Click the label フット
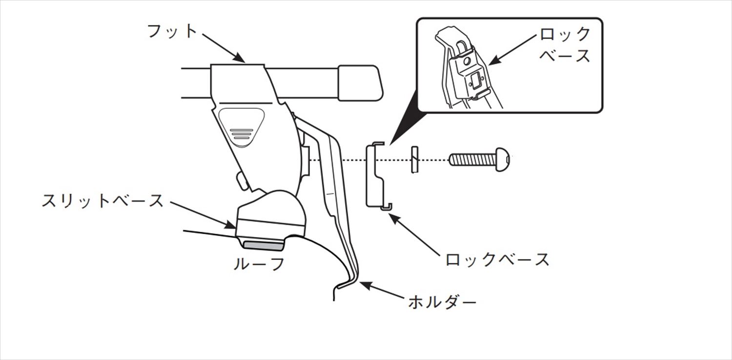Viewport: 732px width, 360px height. pyautogui.click(x=172, y=32)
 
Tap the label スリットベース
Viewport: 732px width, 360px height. pyautogui.click(x=102, y=201)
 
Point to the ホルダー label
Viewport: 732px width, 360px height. pyautogui.click(x=442, y=303)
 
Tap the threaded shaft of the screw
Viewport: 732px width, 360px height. pyautogui.click(x=471, y=159)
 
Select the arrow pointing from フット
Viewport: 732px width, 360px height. pyautogui.click(x=223, y=47)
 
